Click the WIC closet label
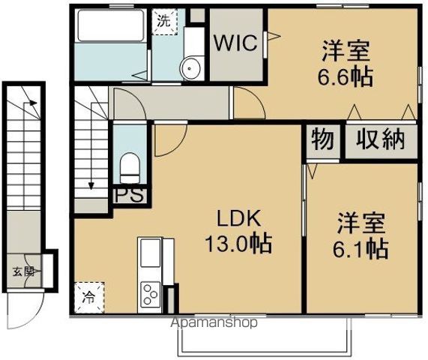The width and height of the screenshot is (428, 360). click(238, 43)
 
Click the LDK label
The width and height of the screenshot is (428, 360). click(238, 219)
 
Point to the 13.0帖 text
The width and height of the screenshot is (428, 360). click(238, 244)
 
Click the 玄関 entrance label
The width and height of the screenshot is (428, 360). click(22, 272)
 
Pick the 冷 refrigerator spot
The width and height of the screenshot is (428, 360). click(89, 295)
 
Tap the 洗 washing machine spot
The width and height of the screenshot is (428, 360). click(163, 22)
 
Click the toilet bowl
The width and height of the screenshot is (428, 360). click(130, 166)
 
